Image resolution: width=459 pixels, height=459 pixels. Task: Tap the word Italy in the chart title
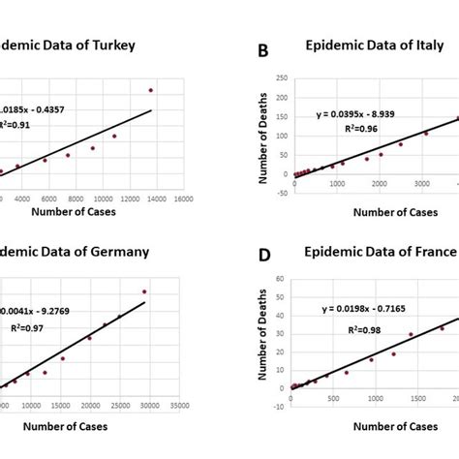click(420, 45)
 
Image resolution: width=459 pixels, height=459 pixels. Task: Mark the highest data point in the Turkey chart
click(151, 90)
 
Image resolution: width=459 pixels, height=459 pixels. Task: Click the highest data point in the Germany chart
click(144, 291)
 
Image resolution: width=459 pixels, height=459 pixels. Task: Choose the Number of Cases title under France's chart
click(371, 426)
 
